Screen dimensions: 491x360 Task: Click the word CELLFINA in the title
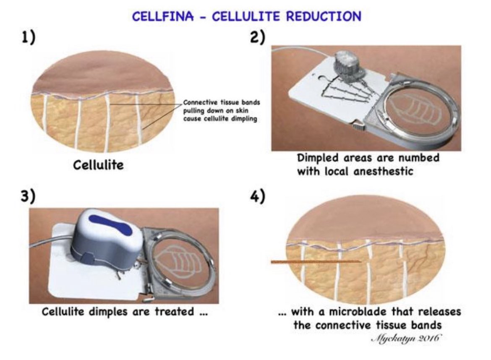point(163,16)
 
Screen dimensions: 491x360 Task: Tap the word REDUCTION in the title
point(324,16)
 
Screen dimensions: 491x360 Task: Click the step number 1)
point(28,38)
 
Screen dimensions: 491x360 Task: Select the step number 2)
point(258,38)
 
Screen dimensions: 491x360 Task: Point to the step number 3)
point(28,196)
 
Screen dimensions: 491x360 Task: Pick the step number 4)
point(258,196)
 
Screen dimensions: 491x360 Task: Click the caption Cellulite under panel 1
point(98,165)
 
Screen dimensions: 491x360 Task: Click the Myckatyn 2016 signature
point(407,339)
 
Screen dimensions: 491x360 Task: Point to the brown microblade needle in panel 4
point(316,262)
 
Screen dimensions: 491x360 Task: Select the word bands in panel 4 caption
point(426,325)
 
